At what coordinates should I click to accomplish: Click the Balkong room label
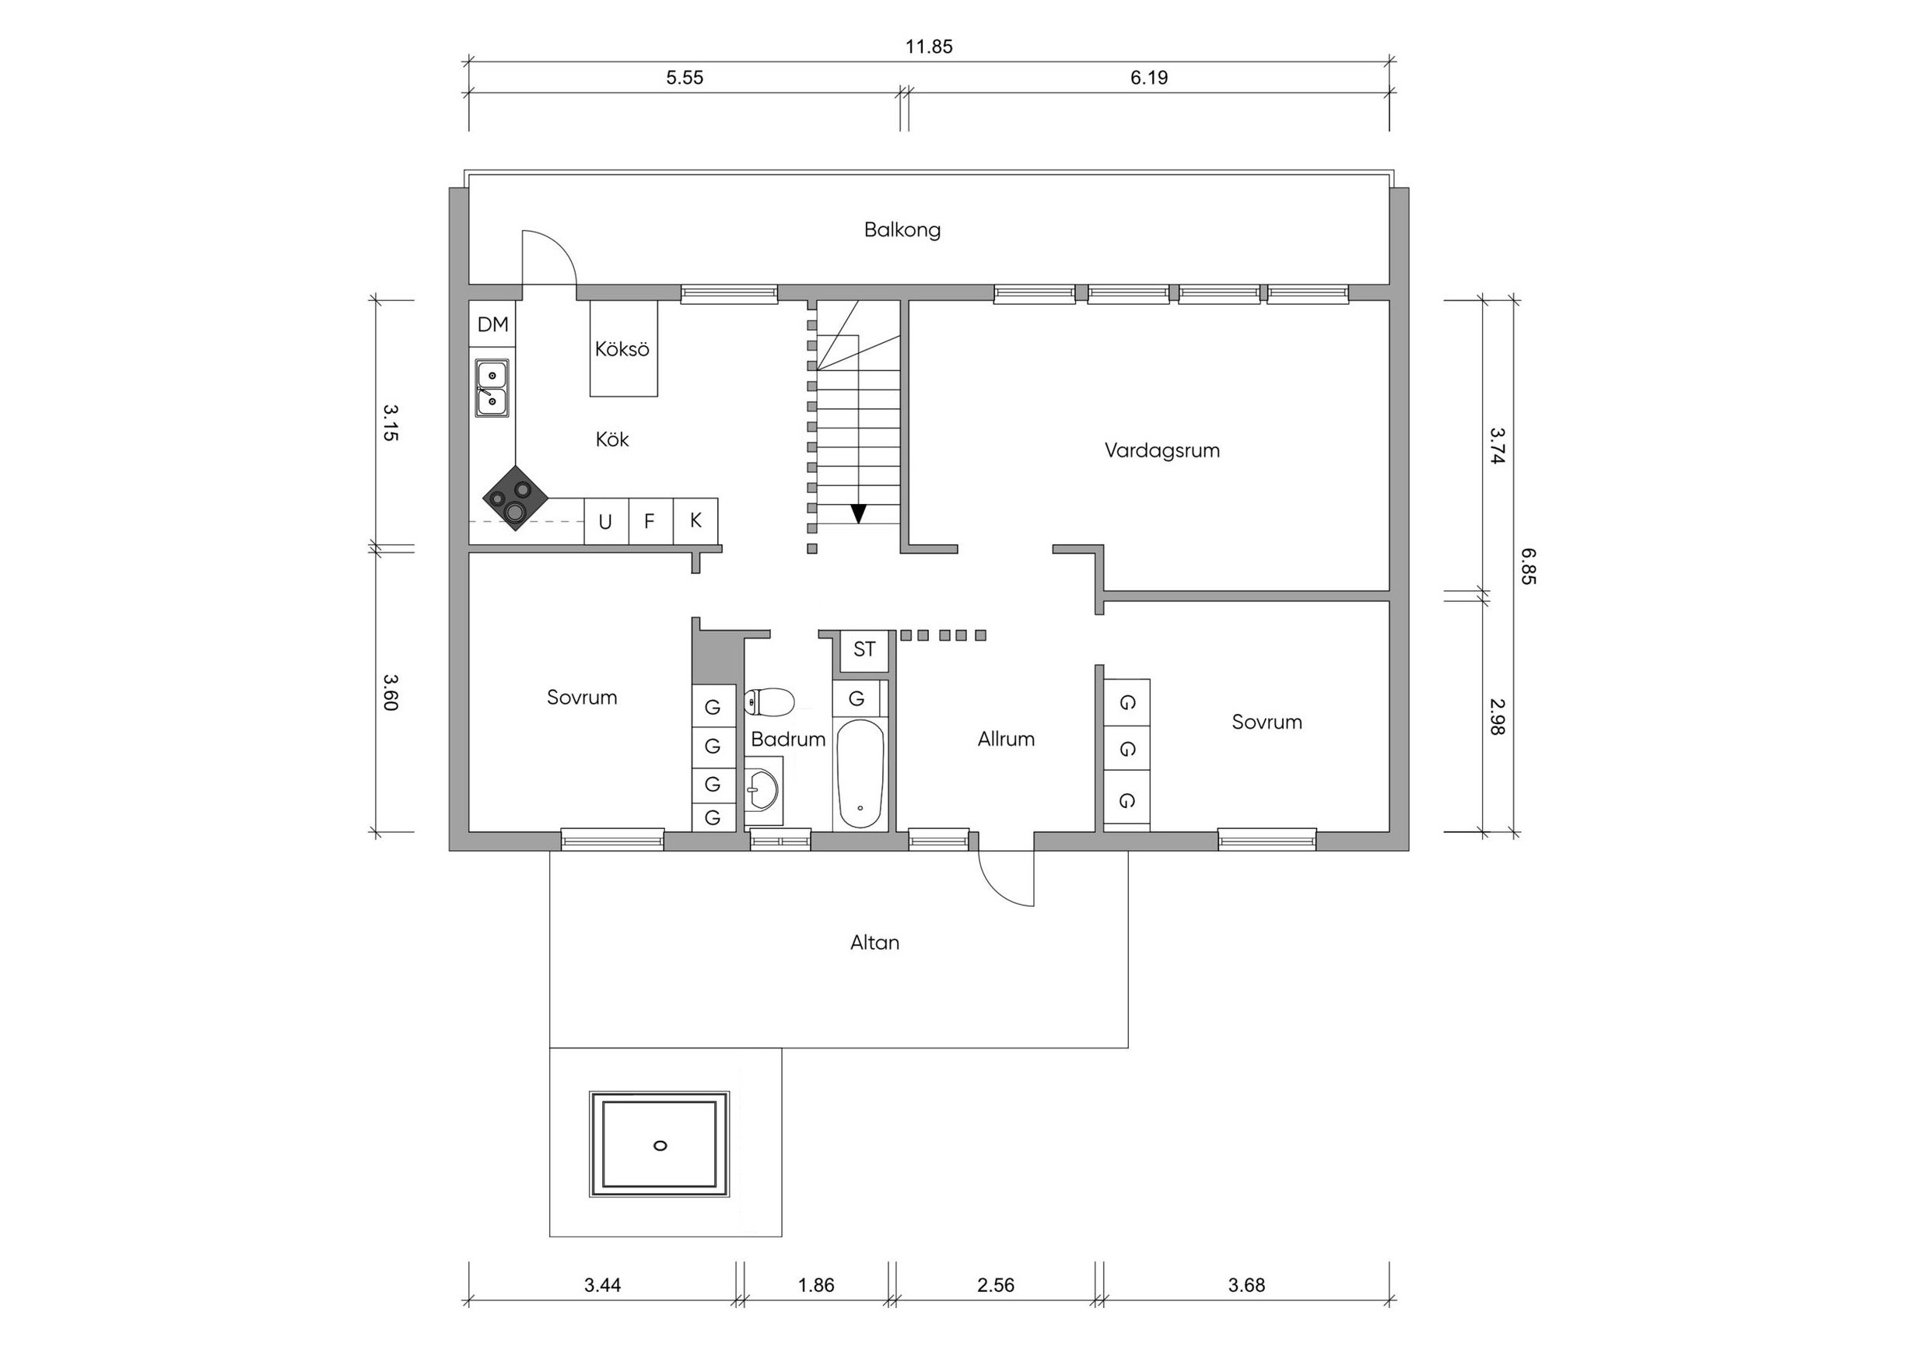(x=902, y=230)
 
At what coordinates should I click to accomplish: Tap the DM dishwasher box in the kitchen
(x=492, y=324)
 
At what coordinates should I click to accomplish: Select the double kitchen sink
(x=492, y=387)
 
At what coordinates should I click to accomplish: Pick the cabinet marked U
(x=606, y=521)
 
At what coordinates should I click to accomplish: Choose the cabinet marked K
(x=695, y=520)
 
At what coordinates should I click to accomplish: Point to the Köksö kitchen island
(x=623, y=348)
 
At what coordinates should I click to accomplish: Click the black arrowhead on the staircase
(x=858, y=514)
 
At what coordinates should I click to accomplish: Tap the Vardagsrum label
(x=1162, y=450)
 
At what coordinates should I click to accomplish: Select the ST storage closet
(x=864, y=650)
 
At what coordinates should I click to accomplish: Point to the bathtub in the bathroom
(x=860, y=774)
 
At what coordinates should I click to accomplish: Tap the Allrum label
(x=1006, y=740)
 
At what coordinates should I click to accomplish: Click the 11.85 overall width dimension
(x=929, y=47)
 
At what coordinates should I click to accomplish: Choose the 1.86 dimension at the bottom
(x=816, y=1286)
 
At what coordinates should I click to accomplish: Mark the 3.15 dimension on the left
(x=391, y=422)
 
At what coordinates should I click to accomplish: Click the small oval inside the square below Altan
(x=660, y=1146)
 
